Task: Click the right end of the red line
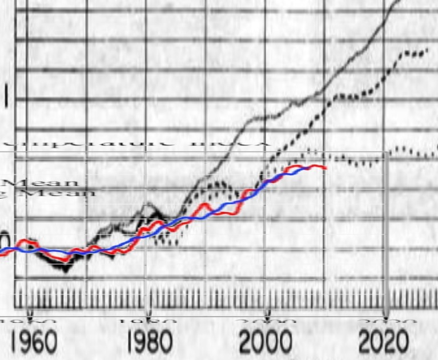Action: coord(326,168)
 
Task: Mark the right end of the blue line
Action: coord(313,167)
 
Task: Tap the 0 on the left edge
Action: coord(4,238)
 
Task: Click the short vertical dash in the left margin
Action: coord(6,96)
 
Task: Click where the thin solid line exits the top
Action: coord(399,2)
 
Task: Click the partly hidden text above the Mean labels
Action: coord(137,143)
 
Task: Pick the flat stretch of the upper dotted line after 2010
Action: coord(348,96)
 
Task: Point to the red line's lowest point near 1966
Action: coord(66,260)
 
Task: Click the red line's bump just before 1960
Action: coord(23,242)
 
